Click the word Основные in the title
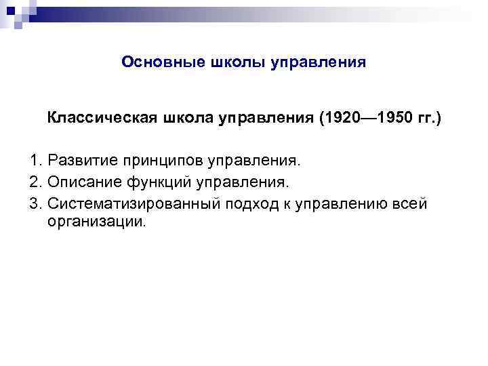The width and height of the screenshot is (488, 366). tap(154, 62)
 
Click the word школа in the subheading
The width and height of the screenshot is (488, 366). tap(186, 119)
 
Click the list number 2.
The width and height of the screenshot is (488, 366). tap(36, 183)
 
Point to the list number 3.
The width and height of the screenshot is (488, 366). tap(36, 203)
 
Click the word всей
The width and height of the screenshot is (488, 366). tap(409, 203)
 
